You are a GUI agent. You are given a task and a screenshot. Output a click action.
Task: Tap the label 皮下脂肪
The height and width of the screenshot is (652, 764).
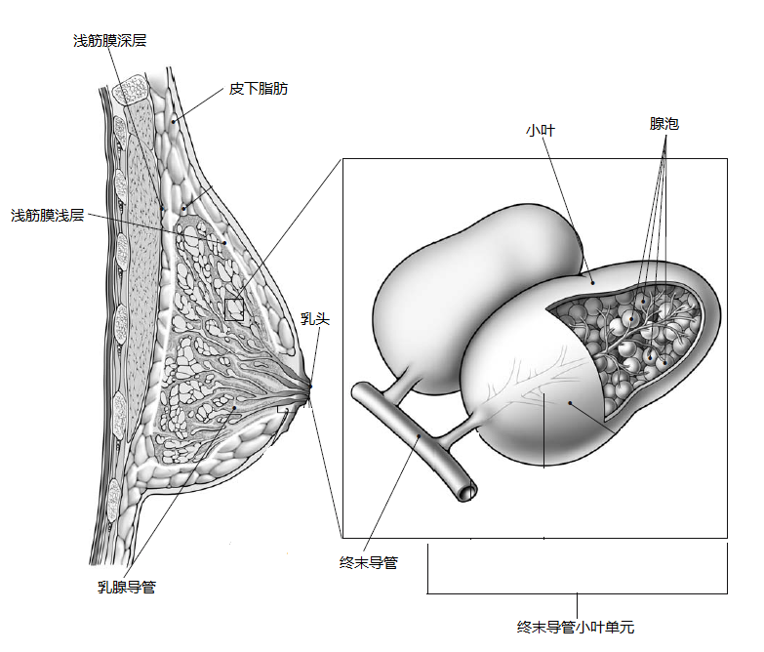click(258, 89)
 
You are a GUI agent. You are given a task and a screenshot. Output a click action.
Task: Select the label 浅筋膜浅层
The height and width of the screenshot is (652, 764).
click(46, 215)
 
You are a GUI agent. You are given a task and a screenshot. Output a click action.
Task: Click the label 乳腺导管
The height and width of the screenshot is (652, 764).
click(126, 587)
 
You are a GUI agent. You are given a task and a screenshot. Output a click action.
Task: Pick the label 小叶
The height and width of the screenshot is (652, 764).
click(540, 130)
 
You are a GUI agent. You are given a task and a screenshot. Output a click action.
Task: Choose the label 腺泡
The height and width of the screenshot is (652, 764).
click(663, 124)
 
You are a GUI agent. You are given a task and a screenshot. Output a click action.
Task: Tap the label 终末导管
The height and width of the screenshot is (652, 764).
click(368, 562)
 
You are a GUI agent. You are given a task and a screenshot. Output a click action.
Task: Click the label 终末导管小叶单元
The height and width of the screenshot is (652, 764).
click(576, 628)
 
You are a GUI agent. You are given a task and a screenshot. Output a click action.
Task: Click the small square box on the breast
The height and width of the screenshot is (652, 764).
click(234, 310)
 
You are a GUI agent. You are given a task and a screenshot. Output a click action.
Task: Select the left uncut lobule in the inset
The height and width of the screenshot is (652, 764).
click(459, 293)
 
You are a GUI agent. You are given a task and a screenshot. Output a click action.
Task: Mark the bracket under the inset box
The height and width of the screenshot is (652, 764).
click(577, 591)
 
